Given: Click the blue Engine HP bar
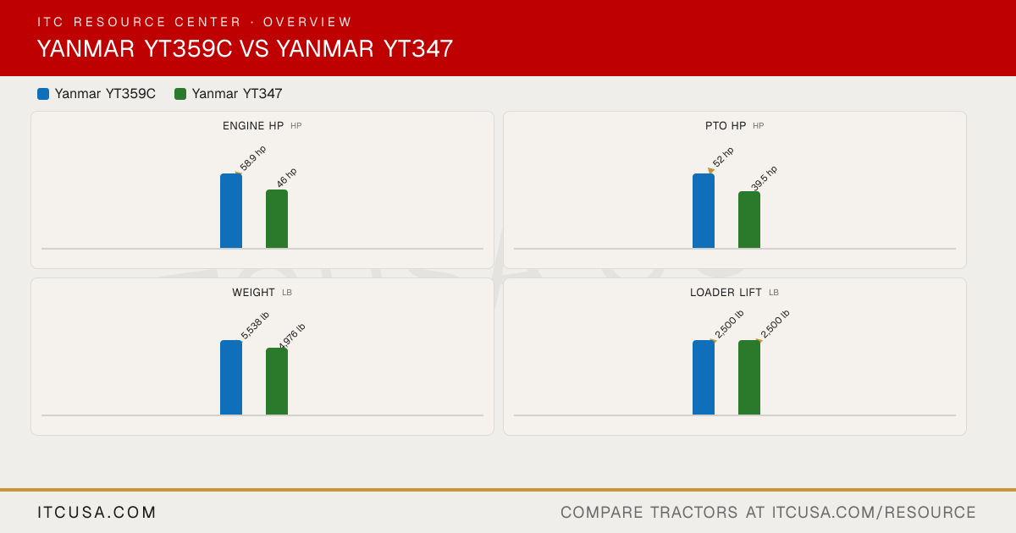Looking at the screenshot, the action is (231, 211).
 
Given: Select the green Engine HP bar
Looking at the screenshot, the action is (277, 219).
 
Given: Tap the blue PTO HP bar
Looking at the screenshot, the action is (704, 211).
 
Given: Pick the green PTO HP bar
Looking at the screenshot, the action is (749, 220).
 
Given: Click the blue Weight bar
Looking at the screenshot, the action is (231, 377).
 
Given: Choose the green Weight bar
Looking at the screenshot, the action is (277, 382).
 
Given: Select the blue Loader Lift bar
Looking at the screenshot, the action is (704, 377).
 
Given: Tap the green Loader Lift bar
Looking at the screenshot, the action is (749, 377).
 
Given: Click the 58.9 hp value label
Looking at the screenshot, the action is (252, 159).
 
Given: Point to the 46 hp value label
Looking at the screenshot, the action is (287, 178).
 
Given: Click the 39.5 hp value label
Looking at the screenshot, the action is (764, 179).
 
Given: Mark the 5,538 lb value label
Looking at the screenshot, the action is (255, 326).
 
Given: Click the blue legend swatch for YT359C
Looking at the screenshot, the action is (43, 94).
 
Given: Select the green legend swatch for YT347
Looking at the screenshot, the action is (180, 94).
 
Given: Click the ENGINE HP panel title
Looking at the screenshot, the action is (253, 126).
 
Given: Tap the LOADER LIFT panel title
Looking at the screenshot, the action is (726, 293).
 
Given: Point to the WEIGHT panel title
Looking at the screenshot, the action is (253, 293).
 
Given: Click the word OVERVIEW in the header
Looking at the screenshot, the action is (307, 22).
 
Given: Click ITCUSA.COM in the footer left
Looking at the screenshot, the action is (97, 512).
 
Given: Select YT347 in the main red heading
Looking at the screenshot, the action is (418, 48).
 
